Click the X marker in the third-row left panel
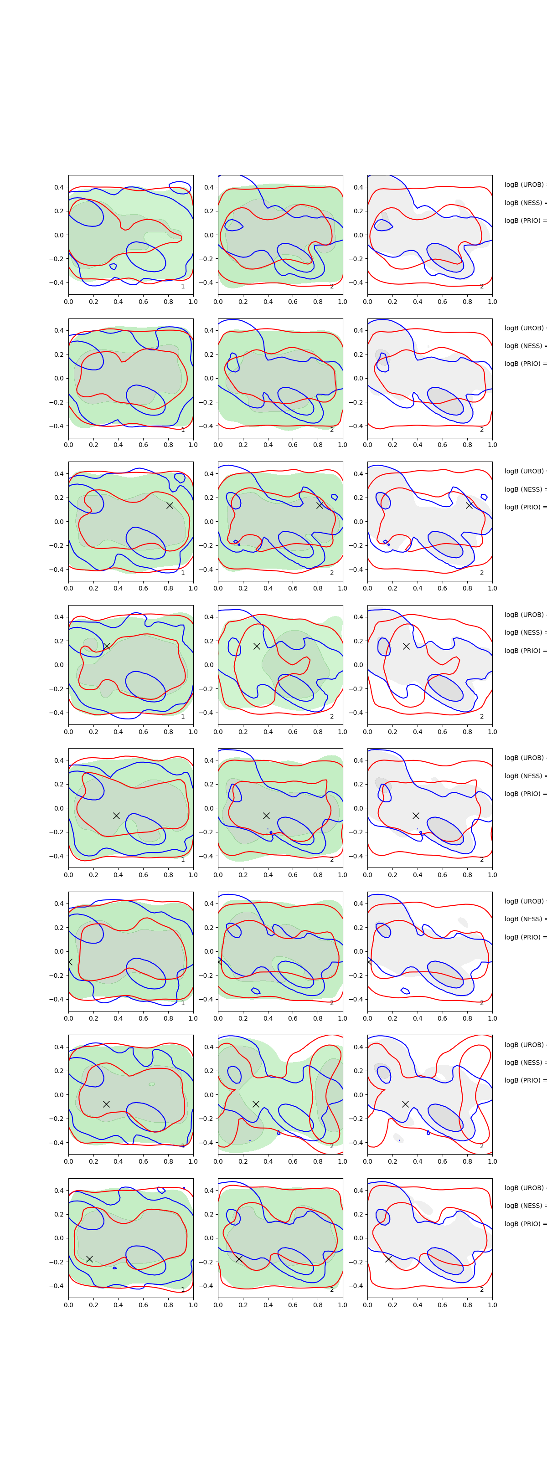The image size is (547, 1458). tap(169, 505)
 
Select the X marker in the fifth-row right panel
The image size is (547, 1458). tap(416, 816)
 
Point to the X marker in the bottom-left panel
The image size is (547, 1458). tap(89, 1259)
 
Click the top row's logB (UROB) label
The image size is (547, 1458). tap(524, 185)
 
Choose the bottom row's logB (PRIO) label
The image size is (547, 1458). tap(524, 1224)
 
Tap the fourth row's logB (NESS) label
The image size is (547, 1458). tap(524, 632)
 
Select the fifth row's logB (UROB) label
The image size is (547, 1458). tap(524, 757)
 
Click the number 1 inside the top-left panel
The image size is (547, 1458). tap(182, 287)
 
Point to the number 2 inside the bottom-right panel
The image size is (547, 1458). tap(482, 1289)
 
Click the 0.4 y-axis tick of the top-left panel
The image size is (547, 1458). tap(58, 187)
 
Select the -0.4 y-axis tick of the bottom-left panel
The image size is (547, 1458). tap(57, 1285)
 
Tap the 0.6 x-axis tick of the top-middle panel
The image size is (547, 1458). tap(293, 302)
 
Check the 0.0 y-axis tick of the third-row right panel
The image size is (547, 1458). tap(358, 522)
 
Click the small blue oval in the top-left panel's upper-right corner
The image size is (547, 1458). tap(180, 187)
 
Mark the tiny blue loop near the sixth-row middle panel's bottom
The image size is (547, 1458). tap(255, 991)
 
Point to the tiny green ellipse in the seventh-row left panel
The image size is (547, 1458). tap(152, 1084)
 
